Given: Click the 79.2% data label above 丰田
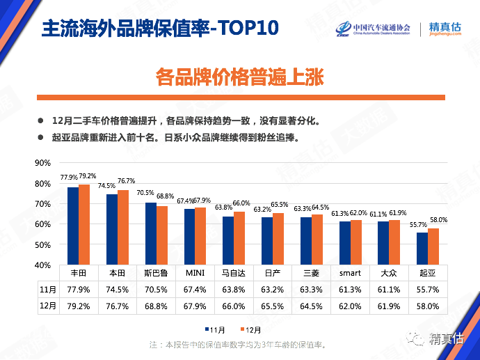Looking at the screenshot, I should click(x=88, y=176).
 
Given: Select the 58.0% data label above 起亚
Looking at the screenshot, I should click(x=438, y=220).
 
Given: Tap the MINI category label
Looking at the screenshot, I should click(x=194, y=273).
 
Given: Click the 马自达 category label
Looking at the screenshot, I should click(x=233, y=273).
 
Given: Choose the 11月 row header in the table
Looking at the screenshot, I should click(x=47, y=289).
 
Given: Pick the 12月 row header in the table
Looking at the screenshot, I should click(x=47, y=305).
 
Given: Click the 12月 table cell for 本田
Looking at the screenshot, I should click(x=117, y=305).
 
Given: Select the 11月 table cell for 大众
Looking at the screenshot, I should click(x=388, y=289).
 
